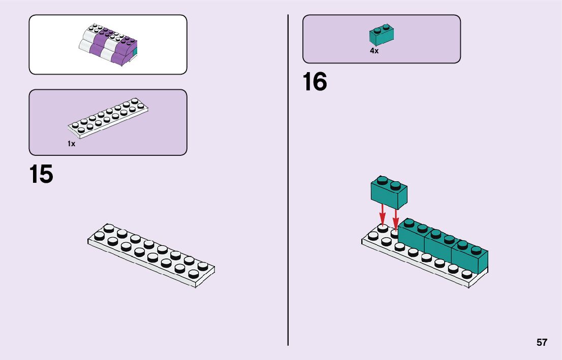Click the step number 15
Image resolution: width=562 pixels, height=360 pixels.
[x=41, y=174]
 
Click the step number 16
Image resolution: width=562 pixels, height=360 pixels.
[x=315, y=82]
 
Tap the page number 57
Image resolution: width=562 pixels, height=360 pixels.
[x=542, y=342]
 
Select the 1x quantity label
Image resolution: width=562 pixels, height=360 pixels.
[x=72, y=144]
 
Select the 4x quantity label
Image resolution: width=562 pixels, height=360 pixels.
[x=374, y=51]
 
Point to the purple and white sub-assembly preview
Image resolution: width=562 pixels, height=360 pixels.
[x=108, y=44]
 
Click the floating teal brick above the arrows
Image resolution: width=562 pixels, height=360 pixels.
[x=389, y=193]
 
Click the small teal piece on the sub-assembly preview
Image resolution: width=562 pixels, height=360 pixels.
[x=135, y=52]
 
